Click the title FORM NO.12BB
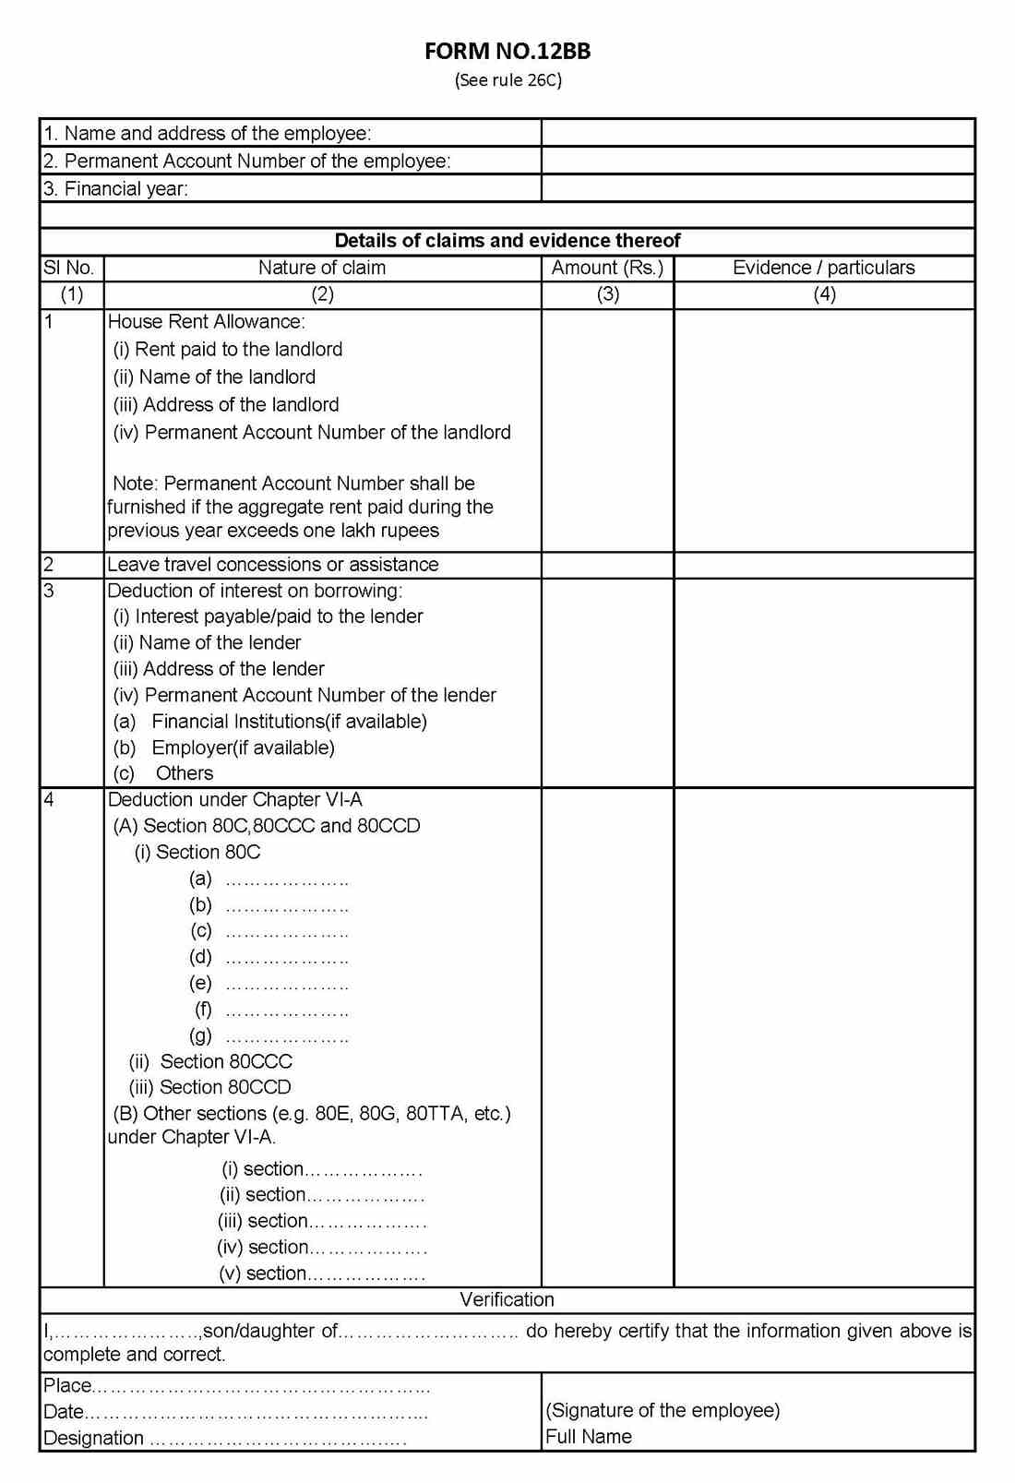507,52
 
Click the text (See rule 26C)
507,80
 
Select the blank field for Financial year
758,188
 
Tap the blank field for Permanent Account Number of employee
758,161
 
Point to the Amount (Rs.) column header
607,268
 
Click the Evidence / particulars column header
824,268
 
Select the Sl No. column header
69,268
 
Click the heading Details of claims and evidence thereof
507,241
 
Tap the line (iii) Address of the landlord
226,404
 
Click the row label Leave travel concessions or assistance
273,564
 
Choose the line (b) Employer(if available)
224,747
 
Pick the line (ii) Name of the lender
208,642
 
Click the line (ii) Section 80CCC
210,1061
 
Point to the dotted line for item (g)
287,1038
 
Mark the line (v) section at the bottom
321,1274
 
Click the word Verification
507,1299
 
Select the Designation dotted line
277,1440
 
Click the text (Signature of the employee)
663,1410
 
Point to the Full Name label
589,1437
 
